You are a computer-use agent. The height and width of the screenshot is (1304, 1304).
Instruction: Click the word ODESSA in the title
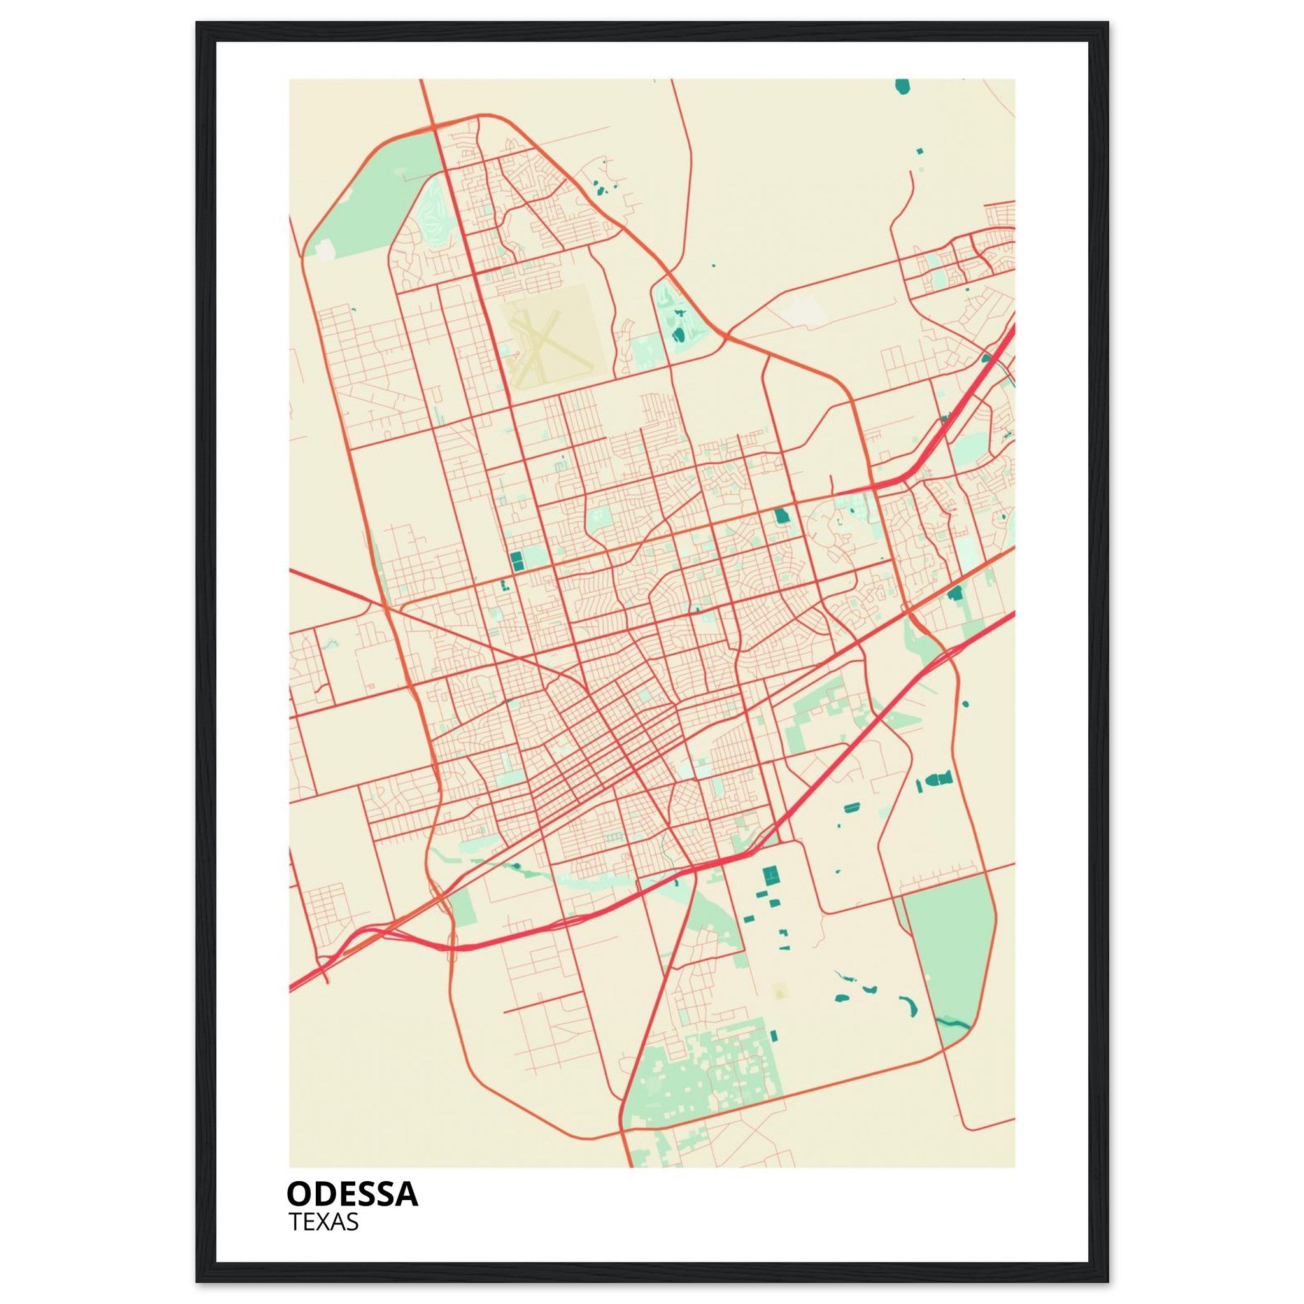tap(352, 1194)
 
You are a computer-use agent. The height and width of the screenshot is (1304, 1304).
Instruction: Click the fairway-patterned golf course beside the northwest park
tap(432, 209)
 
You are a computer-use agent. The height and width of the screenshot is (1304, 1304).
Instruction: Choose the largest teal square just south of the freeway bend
tap(770, 875)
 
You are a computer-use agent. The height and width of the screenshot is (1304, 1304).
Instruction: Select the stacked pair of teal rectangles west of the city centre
tap(517, 560)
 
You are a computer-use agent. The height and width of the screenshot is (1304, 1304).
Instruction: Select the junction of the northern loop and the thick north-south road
tap(432, 125)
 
